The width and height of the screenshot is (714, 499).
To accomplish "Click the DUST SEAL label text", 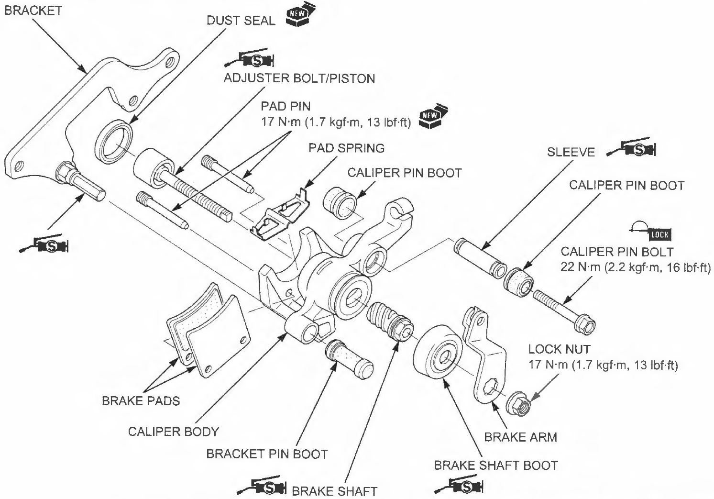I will click(241, 21).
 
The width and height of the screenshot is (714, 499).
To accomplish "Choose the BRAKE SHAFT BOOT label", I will click(495, 465).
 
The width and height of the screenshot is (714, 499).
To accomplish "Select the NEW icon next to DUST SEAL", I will click(297, 16).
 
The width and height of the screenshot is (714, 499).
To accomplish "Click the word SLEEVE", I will click(571, 152).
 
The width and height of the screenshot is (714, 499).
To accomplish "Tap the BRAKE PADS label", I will click(141, 400).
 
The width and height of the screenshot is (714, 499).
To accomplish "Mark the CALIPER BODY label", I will click(173, 432).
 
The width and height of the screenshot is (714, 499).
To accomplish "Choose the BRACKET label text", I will click(33, 11).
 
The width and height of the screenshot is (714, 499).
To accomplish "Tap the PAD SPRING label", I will click(346, 148).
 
